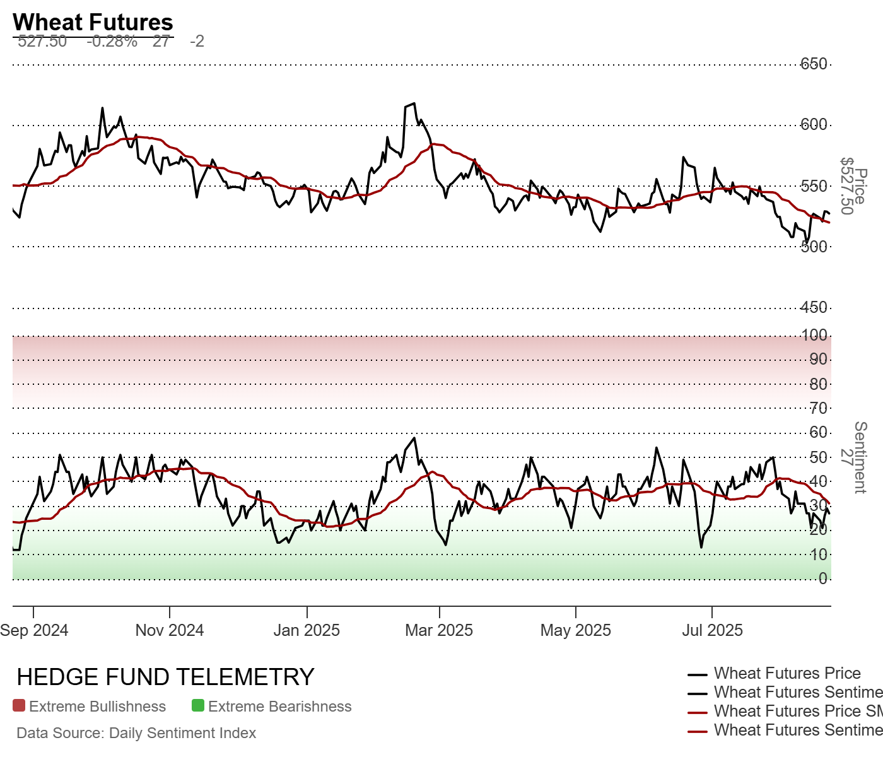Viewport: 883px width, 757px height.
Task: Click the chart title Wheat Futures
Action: [x=93, y=22]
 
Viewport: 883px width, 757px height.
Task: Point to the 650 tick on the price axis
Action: [x=814, y=64]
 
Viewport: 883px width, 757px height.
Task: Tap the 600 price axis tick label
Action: [x=814, y=124]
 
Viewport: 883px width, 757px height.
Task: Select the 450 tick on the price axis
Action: [x=814, y=307]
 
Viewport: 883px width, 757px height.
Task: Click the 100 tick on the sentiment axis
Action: [x=814, y=335]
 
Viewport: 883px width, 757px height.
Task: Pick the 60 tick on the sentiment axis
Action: [x=818, y=432]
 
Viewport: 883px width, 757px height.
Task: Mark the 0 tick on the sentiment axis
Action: [x=822, y=578]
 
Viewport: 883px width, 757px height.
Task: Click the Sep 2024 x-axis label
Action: [x=34, y=630]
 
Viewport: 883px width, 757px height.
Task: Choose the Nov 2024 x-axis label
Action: [x=170, y=630]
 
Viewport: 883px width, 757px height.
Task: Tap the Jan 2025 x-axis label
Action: [x=307, y=630]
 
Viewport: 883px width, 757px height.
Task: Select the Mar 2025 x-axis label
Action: [x=439, y=630]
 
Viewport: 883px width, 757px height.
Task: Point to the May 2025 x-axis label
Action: [x=576, y=630]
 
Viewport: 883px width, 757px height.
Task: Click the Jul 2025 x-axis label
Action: [x=712, y=630]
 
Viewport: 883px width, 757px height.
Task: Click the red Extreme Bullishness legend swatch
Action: [x=19, y=706]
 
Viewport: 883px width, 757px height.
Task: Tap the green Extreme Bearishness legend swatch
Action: [x=198, y=706]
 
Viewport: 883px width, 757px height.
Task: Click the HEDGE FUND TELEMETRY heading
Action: [x=165, y=677]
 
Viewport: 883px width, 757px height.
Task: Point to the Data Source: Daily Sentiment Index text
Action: [x=136, y=733]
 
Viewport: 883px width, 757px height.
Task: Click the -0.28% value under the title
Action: [x=112, y=42]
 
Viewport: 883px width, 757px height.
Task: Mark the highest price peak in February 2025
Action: [x=414, y=103]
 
